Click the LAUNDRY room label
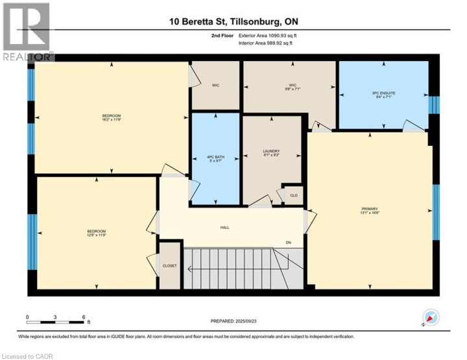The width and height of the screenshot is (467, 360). point(272,153)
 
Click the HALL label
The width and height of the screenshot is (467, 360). point(225,228)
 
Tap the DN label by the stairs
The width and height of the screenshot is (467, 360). point(289,243)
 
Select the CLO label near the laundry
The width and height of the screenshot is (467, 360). point(293,195)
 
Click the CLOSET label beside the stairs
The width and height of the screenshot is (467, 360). point(169,265)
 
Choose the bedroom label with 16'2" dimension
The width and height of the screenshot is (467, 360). point(112,117)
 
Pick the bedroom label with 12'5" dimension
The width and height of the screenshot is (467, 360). point(97,234)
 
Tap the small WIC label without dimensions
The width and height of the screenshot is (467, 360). point(215,84)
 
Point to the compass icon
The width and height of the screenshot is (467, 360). point(430,318)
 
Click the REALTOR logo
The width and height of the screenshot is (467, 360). point(27,32)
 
